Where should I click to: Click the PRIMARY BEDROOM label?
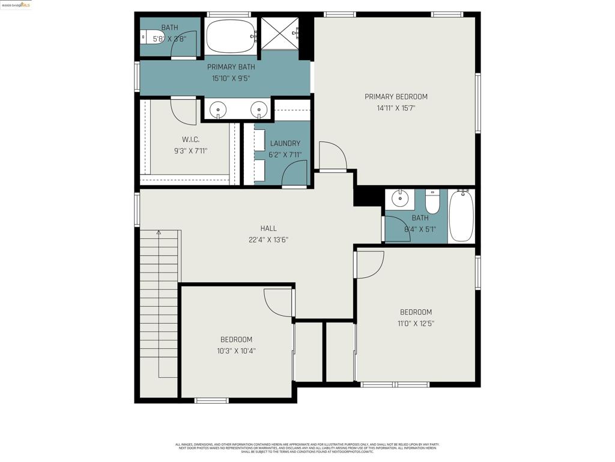click(396, 97)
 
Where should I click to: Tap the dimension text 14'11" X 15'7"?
click(396, 108)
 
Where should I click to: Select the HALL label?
click(268, 229)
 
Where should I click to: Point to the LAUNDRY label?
click(285, 144)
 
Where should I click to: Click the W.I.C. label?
click(190, 140)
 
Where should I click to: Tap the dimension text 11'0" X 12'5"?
click(416, 324)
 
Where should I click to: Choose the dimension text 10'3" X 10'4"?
click(236, 351)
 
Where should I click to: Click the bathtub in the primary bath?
click(231, 35)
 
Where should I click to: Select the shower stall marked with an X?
click(279, 33)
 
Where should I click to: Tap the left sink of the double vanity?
click(218, 109)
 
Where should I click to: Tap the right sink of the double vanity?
click(258, 109)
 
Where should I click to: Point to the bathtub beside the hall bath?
click(461, 216)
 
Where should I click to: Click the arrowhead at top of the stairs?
click(159, 232)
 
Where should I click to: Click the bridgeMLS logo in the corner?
click(16, 5)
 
